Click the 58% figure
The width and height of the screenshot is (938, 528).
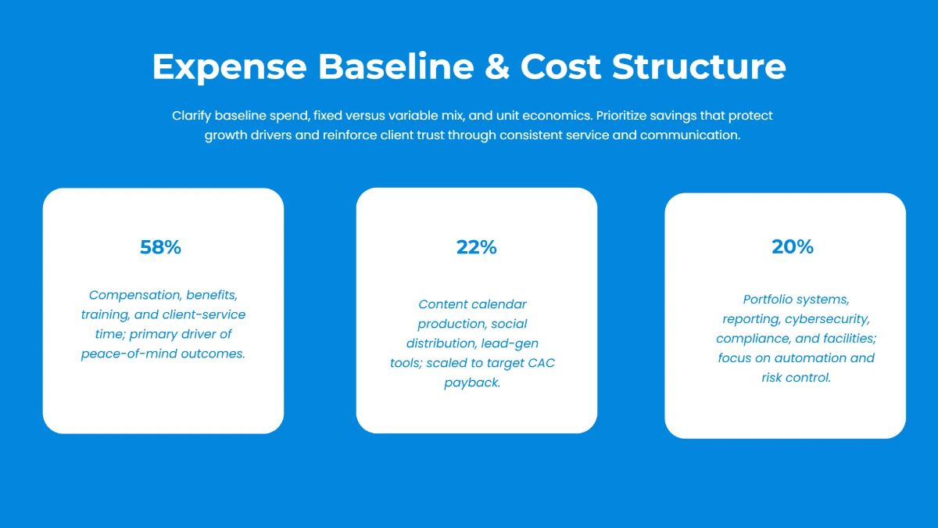[160, 247]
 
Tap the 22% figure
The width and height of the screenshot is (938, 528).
[477, 247]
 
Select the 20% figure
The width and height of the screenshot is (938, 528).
[793, 246]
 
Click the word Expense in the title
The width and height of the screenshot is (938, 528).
[229, 66]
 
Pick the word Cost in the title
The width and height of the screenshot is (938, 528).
[561, 66]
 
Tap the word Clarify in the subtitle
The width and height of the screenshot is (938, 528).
[193, 116]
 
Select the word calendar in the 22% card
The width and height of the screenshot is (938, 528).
[499, 304]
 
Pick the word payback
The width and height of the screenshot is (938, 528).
[472, 383]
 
